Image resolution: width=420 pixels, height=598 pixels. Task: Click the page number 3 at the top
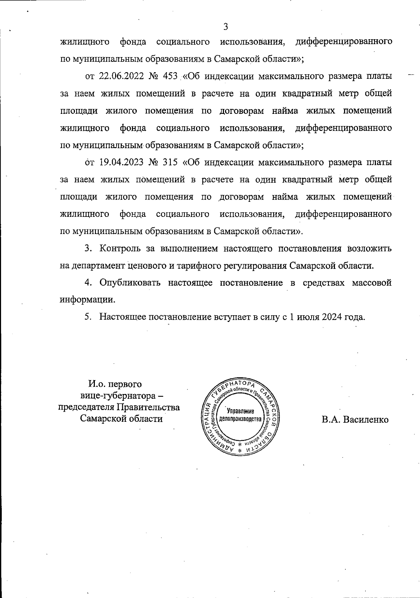225,27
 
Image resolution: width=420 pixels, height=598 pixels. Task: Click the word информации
87,300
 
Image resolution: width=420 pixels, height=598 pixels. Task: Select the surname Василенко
366,419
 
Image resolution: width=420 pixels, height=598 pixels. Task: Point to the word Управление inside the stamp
240,411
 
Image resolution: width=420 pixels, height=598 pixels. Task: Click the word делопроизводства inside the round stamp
240,419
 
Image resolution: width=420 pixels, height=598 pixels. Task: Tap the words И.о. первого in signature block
115,384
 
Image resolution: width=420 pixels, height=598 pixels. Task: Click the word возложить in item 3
369,249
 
